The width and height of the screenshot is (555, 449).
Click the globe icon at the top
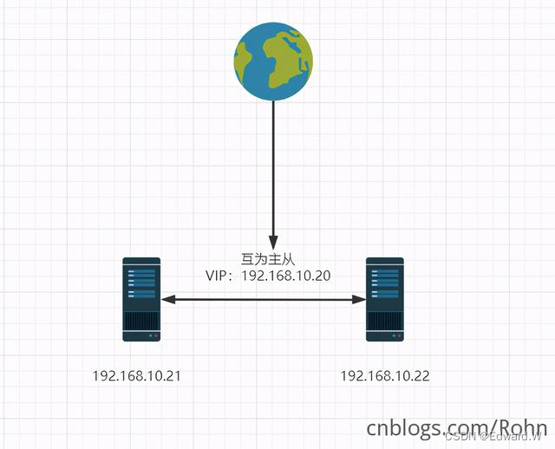coord(273,62)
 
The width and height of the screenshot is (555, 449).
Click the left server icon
coord(141,298)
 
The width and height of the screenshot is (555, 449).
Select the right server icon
coord(384,298)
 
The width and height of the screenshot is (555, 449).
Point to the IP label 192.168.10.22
coord(384,376)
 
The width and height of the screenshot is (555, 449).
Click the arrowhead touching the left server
coord(167,299)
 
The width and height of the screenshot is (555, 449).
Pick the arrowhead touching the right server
coord(359,299)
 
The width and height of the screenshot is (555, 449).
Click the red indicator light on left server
coord(156,335)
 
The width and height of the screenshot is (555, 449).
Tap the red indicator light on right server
coord(399,335)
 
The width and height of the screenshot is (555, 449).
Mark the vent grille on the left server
coord(141,322)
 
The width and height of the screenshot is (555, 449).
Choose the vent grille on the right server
coord(384,322)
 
